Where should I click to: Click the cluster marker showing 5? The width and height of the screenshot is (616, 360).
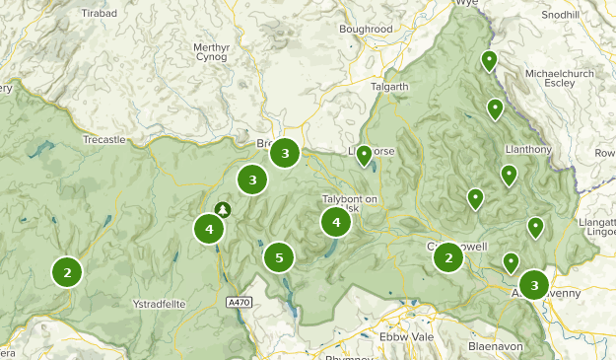(279, 258)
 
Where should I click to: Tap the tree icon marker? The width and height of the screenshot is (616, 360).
(223, 209)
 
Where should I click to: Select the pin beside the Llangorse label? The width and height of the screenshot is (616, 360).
(364, 155)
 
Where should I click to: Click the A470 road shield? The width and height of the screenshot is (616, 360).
(238, 301)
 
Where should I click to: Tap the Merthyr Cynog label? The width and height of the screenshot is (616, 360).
(211, 51)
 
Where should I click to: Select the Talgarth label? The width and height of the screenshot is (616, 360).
(388, 87)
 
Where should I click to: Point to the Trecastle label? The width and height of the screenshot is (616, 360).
(104, 140)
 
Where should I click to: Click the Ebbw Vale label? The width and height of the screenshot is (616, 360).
(406, 337)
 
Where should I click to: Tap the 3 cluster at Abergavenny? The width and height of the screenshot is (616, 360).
(534, 286)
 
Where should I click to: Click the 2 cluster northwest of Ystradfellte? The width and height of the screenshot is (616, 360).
(67, 271)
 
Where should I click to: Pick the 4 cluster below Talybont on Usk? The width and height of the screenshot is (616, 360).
(336, 223)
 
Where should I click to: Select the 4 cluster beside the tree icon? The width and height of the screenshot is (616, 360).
(209, 230)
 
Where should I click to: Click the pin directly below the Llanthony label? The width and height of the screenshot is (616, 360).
(509, 176)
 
